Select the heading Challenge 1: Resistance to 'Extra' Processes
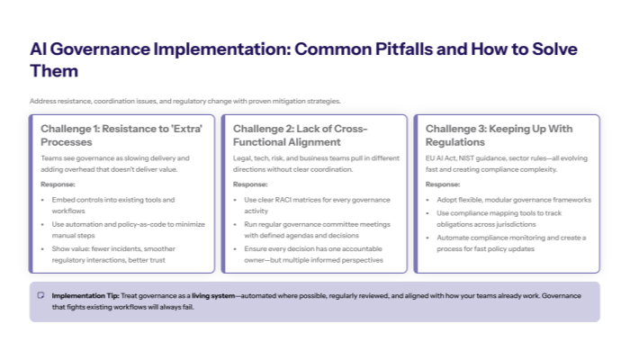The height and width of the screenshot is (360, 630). [x=121, y=135]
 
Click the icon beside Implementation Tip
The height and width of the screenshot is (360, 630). [x=40, y=295]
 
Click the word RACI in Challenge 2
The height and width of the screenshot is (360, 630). [x=285, y=199]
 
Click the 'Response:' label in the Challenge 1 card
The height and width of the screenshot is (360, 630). [x=58, y=184]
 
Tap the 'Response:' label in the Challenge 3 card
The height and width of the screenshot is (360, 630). [x=443, y=184]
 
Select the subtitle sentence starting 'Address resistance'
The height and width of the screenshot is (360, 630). [x=184, y=101]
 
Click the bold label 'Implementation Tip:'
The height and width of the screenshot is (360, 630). [x=86, y=295]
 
